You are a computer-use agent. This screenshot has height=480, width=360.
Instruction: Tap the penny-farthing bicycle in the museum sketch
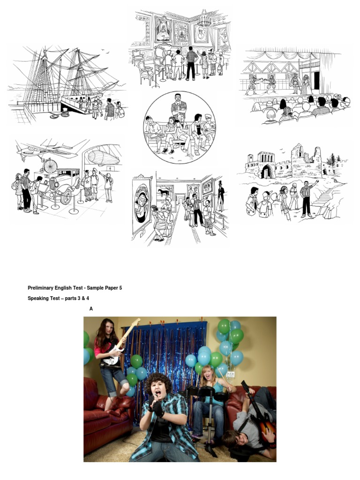tap(50, 165)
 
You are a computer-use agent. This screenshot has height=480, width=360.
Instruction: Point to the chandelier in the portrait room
tap(204, 19)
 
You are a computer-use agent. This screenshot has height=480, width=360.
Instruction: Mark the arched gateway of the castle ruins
tap(266, 172)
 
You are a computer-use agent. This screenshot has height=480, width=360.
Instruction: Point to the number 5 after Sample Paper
tap(120, 288)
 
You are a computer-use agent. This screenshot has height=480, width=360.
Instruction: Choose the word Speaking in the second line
tap(38, 298)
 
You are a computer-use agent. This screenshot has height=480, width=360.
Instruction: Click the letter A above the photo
tap(91, 308)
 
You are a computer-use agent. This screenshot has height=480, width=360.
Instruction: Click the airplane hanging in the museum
tap(42, 150)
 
